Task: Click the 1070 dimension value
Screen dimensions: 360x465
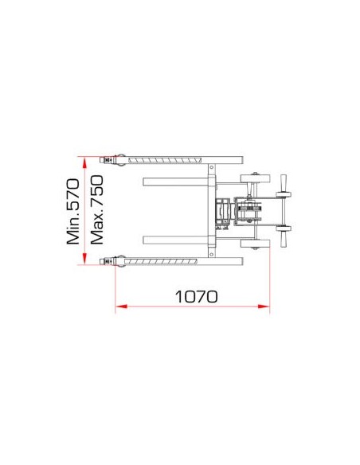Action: [196, 296]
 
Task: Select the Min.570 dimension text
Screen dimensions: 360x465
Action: [73, 212]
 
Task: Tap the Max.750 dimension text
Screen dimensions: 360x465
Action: [97, 209]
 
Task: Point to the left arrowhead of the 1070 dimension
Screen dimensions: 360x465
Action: [121, 306]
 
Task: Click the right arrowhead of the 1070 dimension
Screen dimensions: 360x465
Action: [264, 306]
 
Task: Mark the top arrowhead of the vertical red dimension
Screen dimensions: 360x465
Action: [84, 163]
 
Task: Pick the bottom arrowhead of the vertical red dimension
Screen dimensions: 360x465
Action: [84, 258]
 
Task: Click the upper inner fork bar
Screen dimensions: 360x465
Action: [175, 182]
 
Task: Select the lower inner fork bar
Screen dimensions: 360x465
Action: [175, 240]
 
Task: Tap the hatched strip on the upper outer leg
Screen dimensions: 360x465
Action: [165, 160]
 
